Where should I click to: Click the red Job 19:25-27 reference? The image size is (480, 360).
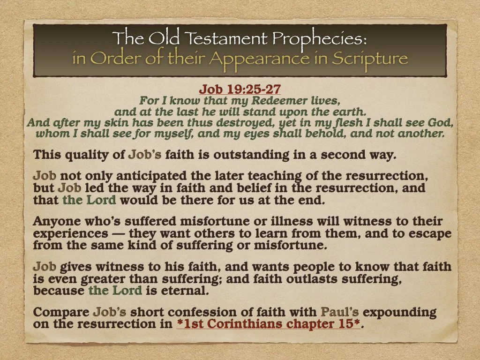click(x=240, y=89)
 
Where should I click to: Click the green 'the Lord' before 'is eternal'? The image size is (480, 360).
click(x=115, y=291)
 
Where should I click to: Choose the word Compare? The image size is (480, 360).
click(x=61, y=312)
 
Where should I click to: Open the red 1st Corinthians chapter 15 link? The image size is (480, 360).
click(x=269, y=323)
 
